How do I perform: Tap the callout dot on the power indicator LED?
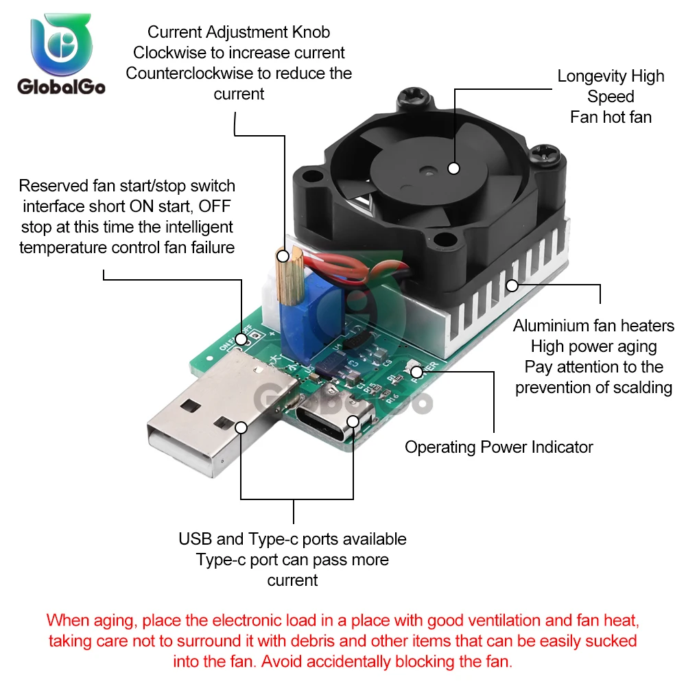(x=416, y=372)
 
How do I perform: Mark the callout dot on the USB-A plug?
(x=241, y=427)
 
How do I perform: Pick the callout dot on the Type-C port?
(x=353, y=421)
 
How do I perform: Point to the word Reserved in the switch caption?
(x=52, y=185)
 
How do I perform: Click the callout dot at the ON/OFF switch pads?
(x=241, y=338)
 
